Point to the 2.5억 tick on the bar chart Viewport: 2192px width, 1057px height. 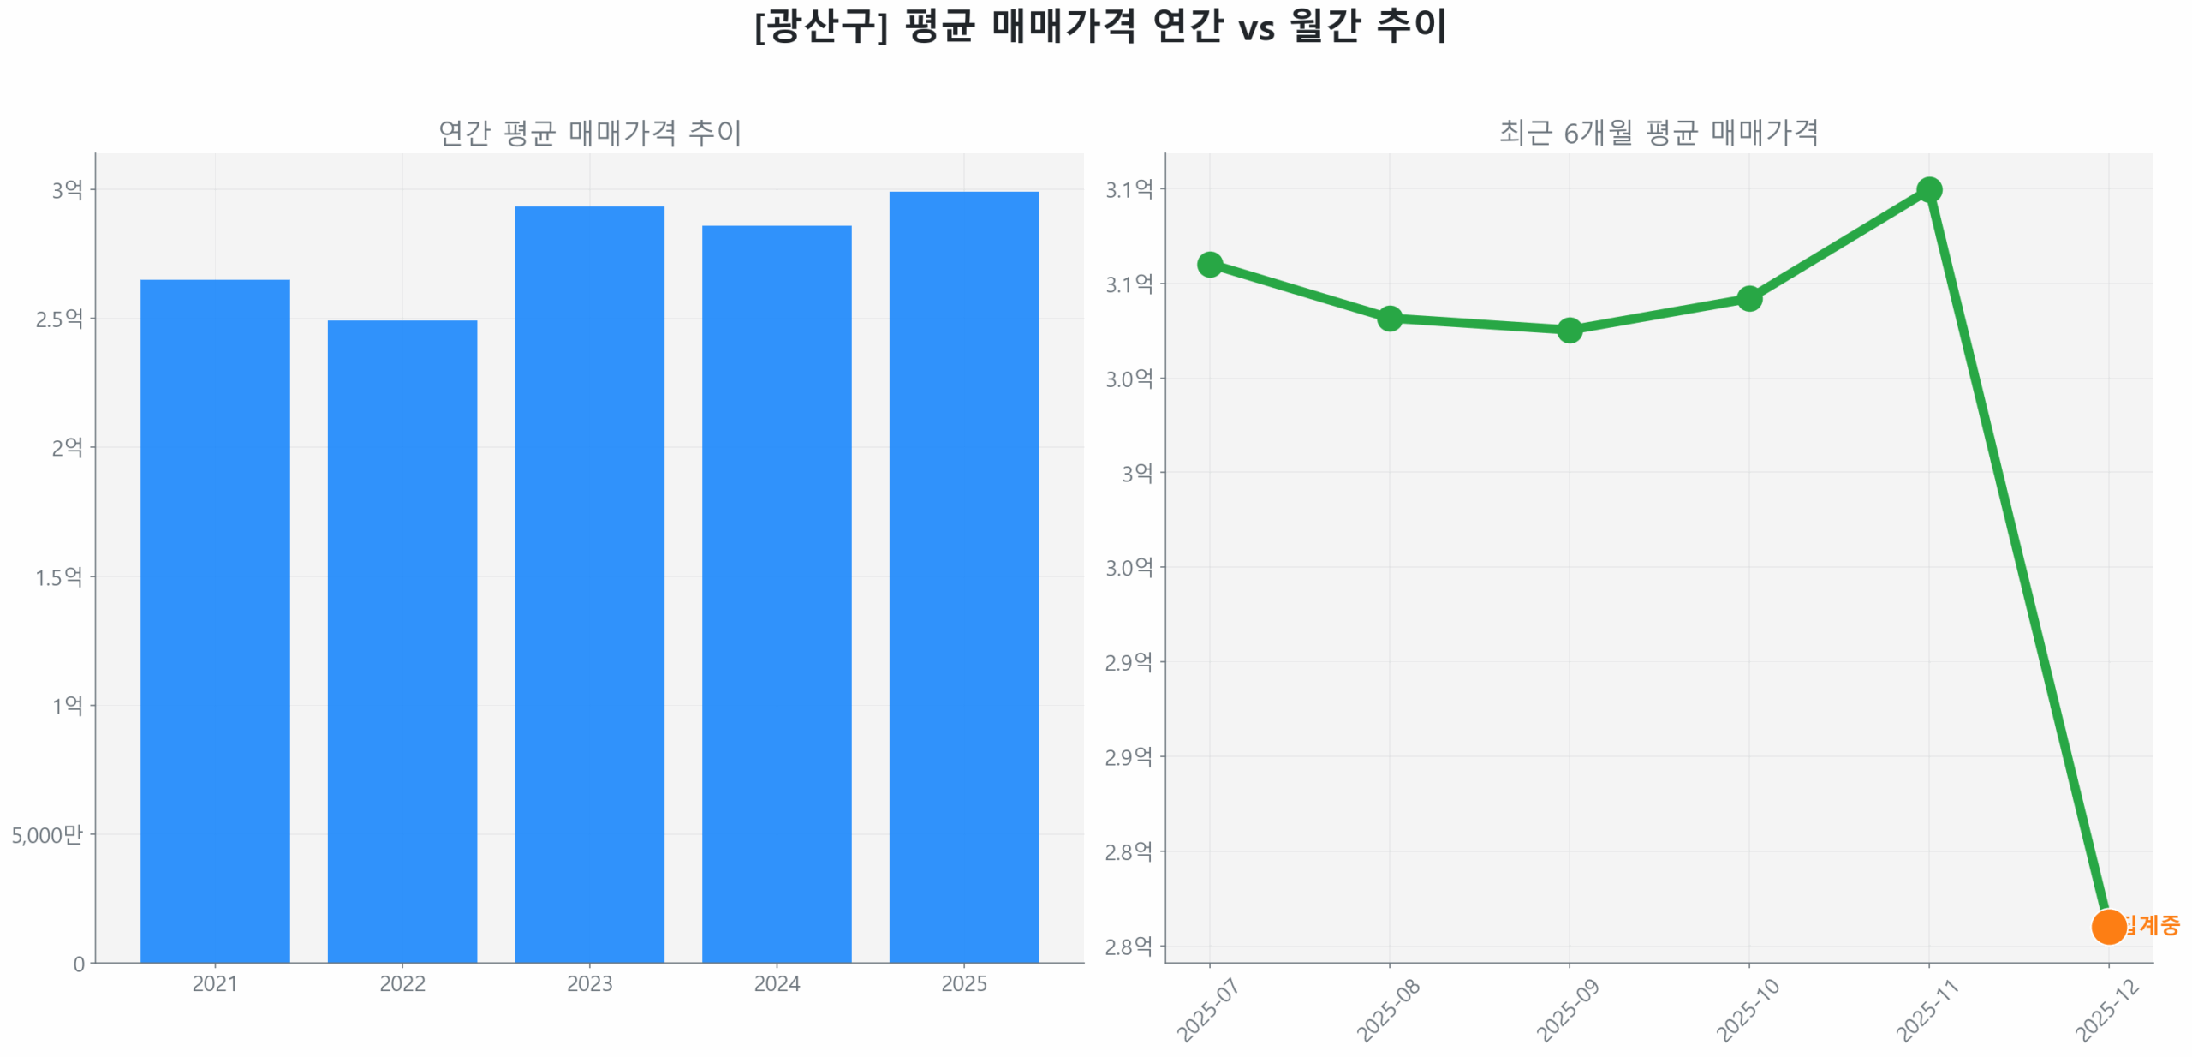click(59, 318)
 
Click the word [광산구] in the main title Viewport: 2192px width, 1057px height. click(819, 26)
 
